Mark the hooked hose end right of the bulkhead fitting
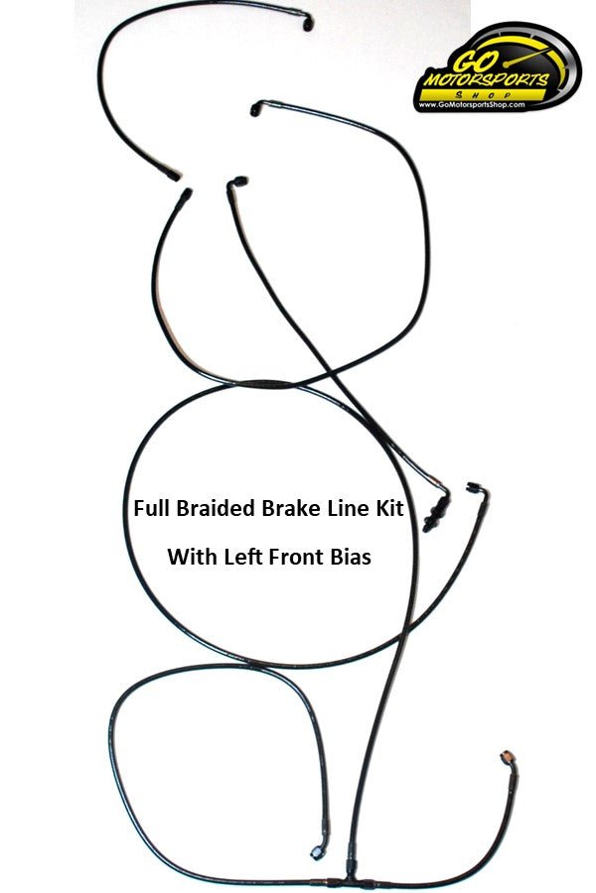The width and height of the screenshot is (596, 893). click(478, 490)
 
